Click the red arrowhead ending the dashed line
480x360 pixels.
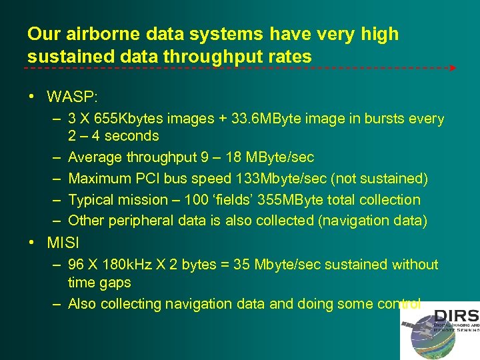pos(453,68)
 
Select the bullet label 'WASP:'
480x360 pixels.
pos(72,97)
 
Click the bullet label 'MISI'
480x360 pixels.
pos(62,243)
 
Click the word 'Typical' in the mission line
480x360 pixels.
pos(93,200)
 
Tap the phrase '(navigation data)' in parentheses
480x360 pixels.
pos(373,221)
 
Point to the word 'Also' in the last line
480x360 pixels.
pos(82,304)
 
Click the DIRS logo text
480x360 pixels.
pos(457,316)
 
